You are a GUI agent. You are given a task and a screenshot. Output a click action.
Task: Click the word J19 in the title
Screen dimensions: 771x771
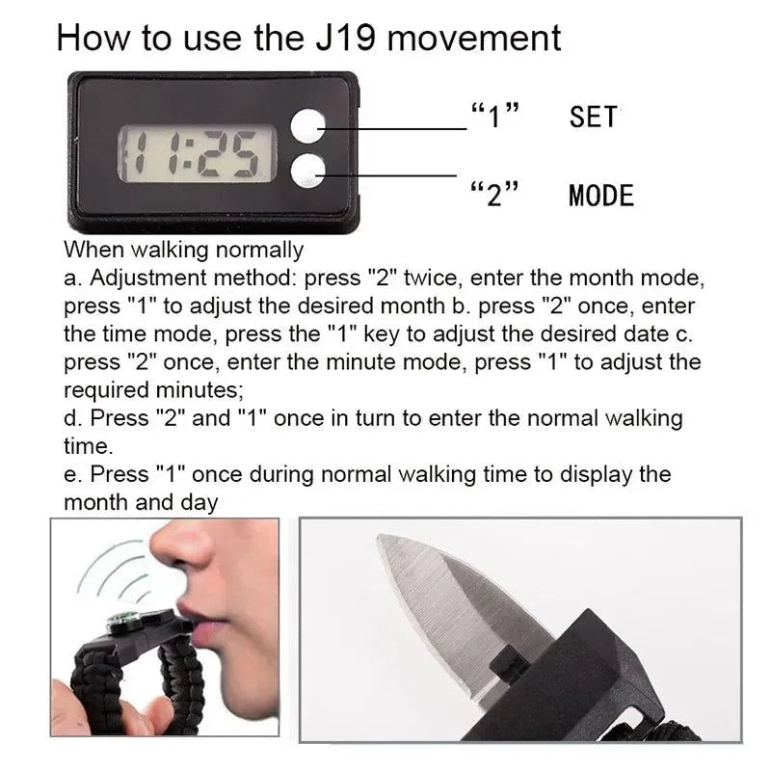point(346,38)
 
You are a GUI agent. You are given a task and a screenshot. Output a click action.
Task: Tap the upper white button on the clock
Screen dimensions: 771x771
point(308,126)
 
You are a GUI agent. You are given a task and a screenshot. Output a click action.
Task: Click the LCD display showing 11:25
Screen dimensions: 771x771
point(197,153)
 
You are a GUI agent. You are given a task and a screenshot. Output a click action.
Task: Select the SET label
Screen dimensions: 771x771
point(593,117)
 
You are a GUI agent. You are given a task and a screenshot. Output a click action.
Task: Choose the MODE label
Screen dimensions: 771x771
point(600,196)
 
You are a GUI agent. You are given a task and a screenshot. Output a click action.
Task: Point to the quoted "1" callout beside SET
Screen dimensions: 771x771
point(494,116)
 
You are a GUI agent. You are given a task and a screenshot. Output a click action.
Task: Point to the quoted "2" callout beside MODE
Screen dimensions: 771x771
point(494,194)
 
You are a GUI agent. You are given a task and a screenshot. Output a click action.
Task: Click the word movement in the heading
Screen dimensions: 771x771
point(474,39)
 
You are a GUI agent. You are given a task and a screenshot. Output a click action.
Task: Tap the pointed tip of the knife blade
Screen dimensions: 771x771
point(379,538)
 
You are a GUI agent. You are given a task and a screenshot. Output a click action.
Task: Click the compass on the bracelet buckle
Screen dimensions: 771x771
point(122,621)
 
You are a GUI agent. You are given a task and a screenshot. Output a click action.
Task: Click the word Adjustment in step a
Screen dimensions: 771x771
point(148,278)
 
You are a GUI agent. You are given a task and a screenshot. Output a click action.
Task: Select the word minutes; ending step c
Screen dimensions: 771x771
point(199,390)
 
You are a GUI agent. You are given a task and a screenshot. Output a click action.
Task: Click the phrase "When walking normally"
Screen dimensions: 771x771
point(183,250)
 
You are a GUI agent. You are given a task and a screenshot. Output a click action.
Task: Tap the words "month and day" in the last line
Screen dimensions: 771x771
point(141,502)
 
